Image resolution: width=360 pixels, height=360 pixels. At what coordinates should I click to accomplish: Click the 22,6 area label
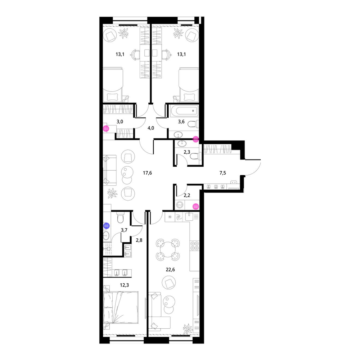tap(170, 270)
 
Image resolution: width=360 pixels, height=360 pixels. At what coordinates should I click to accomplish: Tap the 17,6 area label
tap(147, 173)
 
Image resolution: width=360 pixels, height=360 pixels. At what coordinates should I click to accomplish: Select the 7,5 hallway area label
tap(223, 173)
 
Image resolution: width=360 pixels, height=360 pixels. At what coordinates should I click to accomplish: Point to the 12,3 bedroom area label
tap(125, 285)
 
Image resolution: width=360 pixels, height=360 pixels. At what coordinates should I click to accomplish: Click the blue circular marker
tap(106, 226)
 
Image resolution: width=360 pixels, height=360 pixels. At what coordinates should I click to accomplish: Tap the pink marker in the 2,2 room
tap(195, 206)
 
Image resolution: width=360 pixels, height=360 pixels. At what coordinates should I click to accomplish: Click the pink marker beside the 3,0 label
tap(106, 129)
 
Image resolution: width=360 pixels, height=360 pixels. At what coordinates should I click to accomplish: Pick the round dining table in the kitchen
tap(168, 249)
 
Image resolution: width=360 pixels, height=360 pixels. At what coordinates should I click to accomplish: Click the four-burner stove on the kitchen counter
tap(194, 246)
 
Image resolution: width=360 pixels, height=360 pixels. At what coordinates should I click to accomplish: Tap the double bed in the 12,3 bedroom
tap(121, 307)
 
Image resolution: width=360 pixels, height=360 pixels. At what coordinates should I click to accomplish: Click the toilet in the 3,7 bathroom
tap(121, 217)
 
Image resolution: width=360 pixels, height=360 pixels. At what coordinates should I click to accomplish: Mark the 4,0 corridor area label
tap(150, 128)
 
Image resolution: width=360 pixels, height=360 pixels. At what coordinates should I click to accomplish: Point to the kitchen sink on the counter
tap(189, 216)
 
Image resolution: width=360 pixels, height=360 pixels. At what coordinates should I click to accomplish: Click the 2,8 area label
tap(139, 240)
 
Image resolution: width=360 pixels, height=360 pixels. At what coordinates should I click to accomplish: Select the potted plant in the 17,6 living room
tap(112, 193)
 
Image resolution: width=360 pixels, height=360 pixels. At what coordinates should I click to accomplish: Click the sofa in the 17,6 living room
tap(109, 170)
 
